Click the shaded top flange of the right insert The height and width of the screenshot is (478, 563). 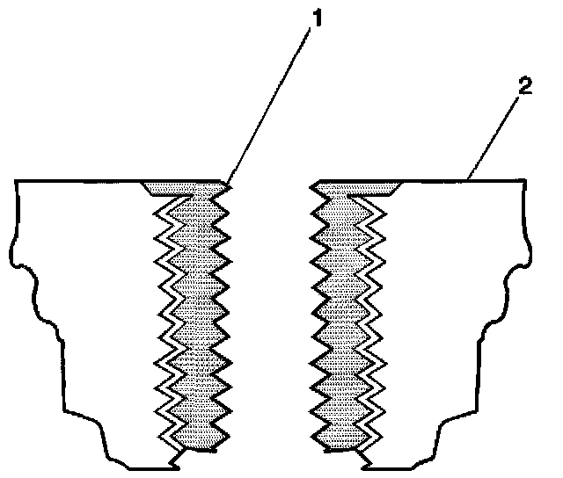click(x=356, y=187)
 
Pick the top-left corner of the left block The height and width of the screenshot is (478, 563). click(x=18, y=181)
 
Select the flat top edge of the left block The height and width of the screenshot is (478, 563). click(x=79, y=181)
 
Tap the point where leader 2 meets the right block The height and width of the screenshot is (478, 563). click(x=469, y=180)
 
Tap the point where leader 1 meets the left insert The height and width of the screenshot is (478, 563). click(x=228, y=184)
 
